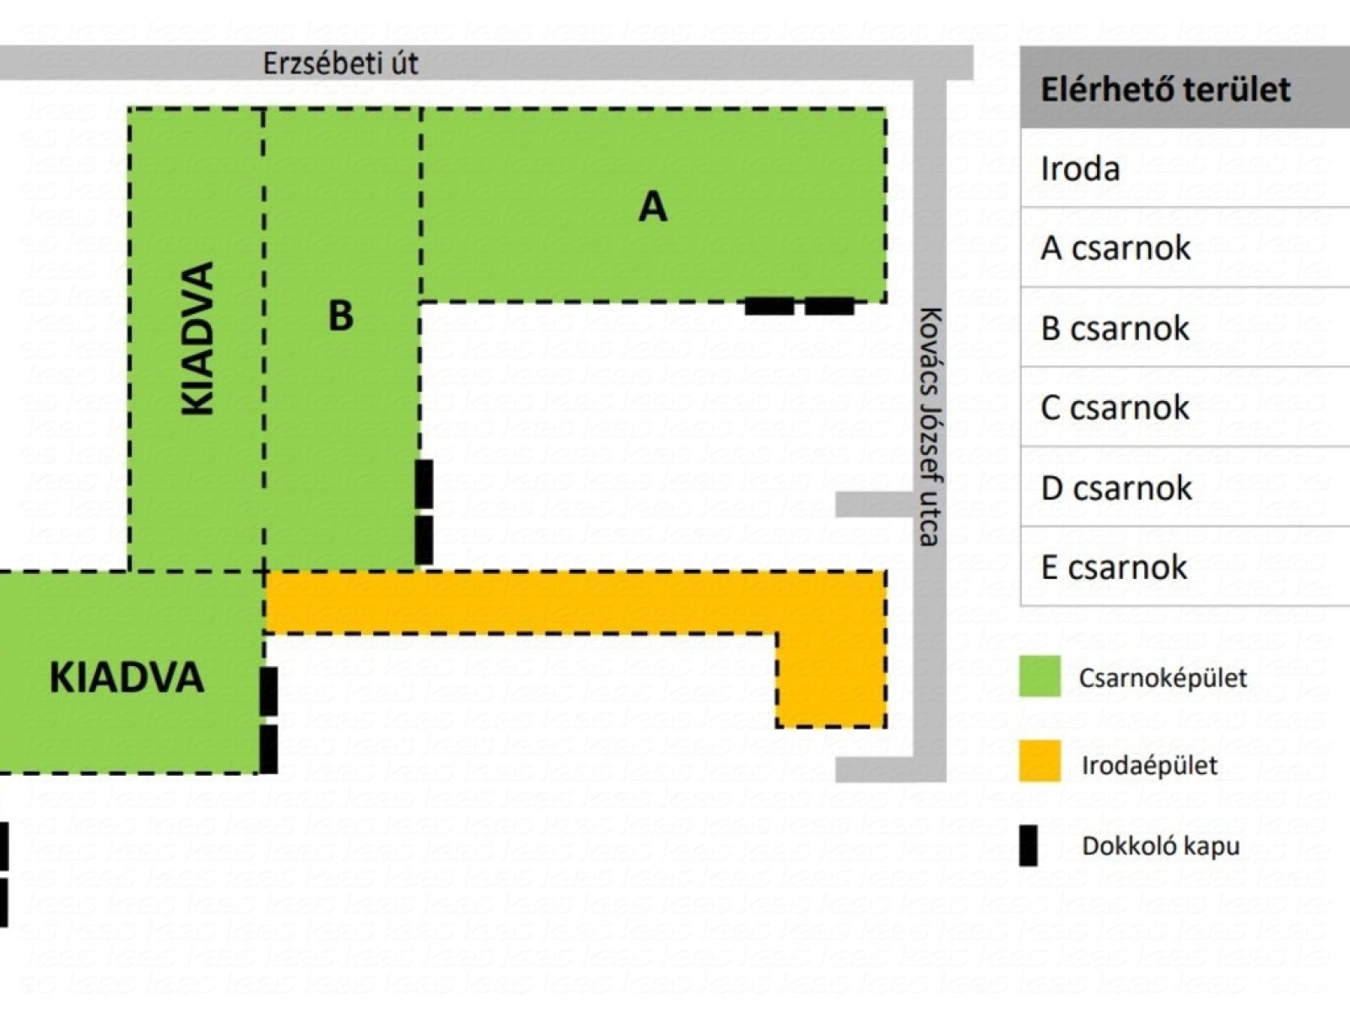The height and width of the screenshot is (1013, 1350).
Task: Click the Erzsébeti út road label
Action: click(340, 63)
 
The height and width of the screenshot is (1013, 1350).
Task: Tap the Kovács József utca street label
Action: click(929, 427)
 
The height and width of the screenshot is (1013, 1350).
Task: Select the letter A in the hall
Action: click(652, 207)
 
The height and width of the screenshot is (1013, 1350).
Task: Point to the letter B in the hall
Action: click(341, 316)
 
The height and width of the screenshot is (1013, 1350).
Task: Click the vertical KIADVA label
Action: click(198, 339)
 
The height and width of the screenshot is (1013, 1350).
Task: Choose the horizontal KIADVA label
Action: click(127, 678)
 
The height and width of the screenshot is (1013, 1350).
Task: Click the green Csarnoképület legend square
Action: click(1039, 676)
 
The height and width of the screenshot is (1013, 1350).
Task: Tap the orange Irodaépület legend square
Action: click(1039, 761)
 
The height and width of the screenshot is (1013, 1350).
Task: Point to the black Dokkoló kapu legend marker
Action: click(1028, 846)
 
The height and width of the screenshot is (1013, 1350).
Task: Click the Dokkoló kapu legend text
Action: click(1160, 847)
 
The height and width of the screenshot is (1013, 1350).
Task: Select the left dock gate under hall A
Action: click(769, 306)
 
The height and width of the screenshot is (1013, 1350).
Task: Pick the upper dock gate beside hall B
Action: click(424, 484)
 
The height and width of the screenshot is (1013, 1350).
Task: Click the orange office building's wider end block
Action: click(831, 680)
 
